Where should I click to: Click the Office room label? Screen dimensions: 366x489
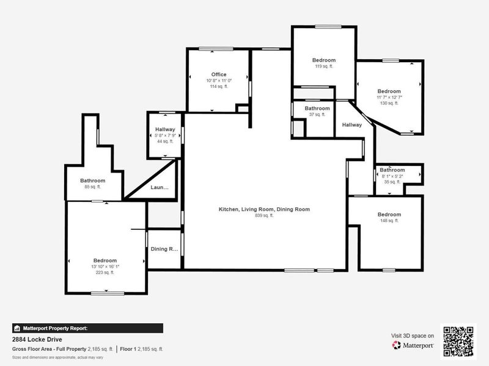tap(219, 74)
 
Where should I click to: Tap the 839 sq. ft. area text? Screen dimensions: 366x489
tap(264, 215)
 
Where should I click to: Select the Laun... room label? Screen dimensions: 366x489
tap(160, 188)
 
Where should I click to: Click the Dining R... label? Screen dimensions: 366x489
tap(164, 249)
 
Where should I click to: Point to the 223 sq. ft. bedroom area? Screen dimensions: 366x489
tap(105, 273)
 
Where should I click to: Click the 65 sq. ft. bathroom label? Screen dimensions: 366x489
tap(93, 187)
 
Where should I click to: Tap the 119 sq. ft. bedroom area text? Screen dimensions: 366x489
tap(324, 66)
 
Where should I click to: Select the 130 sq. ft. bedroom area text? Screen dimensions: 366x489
tap(389, 103)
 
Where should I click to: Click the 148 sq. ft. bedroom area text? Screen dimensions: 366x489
tap(389, 220)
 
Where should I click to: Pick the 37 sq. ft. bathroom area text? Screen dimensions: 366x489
tap(317, 114)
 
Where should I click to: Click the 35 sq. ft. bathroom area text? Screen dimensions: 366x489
tap(392, 182)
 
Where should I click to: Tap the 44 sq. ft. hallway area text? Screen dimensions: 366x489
tap(165, 141)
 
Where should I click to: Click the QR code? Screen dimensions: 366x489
tap(458, 342)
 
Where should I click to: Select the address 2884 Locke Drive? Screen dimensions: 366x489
tap(37, 339)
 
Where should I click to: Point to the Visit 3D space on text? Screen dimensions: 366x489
tap(413, 335)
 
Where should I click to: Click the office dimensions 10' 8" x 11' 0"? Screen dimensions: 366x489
tap(219, 81)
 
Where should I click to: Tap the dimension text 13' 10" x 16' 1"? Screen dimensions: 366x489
tap(105, 267)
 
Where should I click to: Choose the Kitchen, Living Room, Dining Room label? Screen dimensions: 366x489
tap(264, 209)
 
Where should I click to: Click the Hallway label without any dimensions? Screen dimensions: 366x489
tap(352, 125)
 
